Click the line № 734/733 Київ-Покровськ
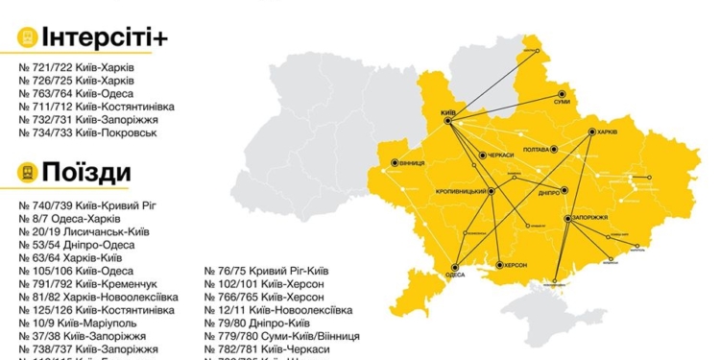click(x=80, y=132)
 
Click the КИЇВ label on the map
click(x=446, y=112)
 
